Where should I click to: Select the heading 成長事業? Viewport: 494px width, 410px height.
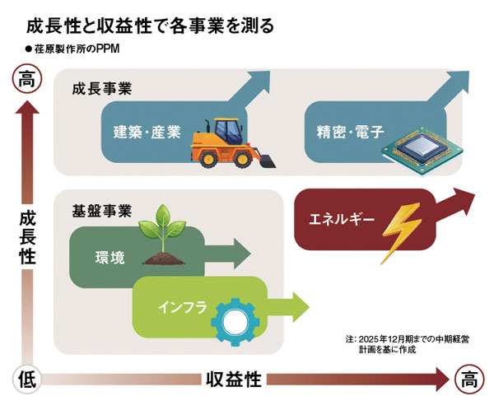tap(102, 88)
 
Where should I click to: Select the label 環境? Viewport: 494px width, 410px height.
tap(110, 258)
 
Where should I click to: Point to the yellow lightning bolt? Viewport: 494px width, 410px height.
tap(399, 233)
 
